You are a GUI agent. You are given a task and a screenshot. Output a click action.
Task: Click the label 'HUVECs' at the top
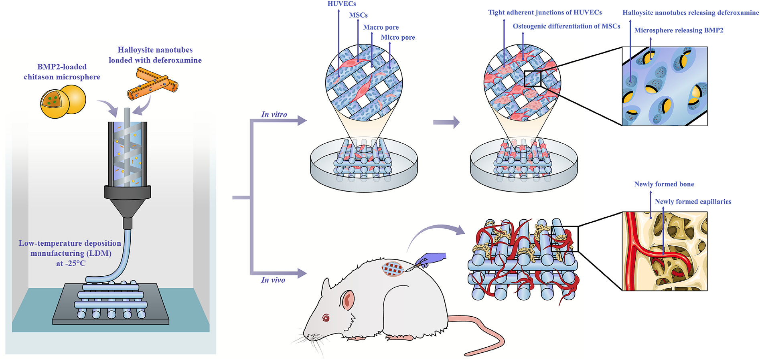pyautogui.click(x=342, y=4)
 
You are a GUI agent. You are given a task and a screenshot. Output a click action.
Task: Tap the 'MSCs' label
pyautogui.click(x=358, y=15)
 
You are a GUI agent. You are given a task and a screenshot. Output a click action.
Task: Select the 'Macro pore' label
pyautogui.click(x=381, y=27)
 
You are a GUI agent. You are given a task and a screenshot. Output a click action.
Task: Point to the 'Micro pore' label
pyautogui.click(x=398, y=37)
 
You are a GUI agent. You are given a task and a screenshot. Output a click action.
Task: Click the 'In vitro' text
pyautogui.click(x=274, y=115)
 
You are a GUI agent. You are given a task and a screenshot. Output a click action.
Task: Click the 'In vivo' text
pyautogui.click(x=273, y=280)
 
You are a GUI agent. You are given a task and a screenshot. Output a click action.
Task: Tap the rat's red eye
pyautogui.click(x=326, y=319)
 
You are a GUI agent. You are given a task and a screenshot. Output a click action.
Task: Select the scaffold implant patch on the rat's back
pyautogui.click(x=392, y=269)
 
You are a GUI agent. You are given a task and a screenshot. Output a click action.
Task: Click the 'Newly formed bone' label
pyautogui.click(x=664, y=184)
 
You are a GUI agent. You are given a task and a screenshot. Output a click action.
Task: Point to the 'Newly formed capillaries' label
pyautogui.click(x=693, y=202)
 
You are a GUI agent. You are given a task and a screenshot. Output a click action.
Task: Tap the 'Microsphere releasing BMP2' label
pyautogui.click(x=679, y=30)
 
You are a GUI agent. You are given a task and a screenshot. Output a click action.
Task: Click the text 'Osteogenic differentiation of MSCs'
pyautogui.click(x=566, y=26)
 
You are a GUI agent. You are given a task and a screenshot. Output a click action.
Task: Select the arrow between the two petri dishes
pyautogui.click(x=446, y=122)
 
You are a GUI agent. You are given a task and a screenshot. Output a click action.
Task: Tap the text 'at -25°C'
pyautogui.click(x=71, y=263)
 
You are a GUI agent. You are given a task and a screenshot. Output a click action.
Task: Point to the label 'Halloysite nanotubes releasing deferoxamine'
pyautogui.click(x=690, y=13)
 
